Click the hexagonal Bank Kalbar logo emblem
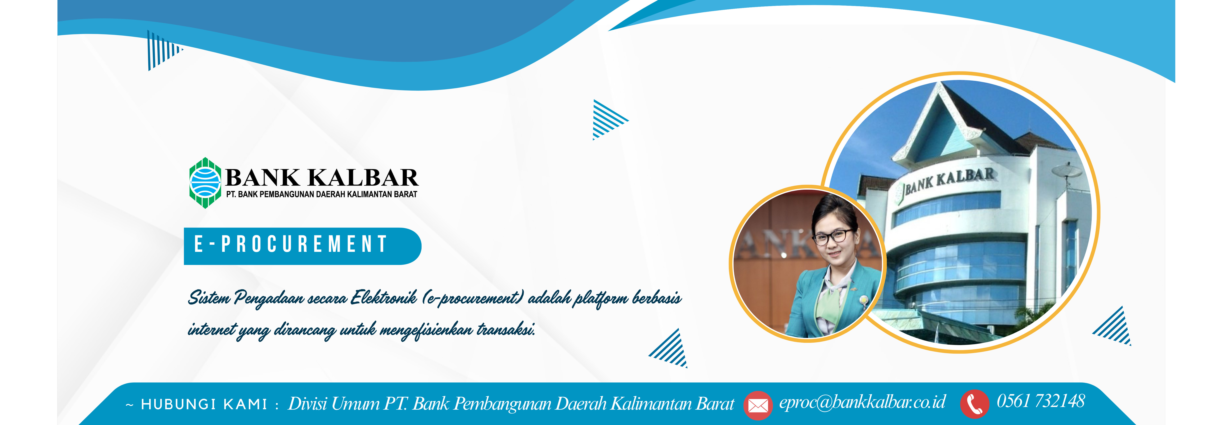[205, 183]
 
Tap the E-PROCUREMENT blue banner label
[302, 246]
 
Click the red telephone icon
[975, 404]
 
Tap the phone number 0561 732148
[1040, 401]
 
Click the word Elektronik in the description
[384, 298]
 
